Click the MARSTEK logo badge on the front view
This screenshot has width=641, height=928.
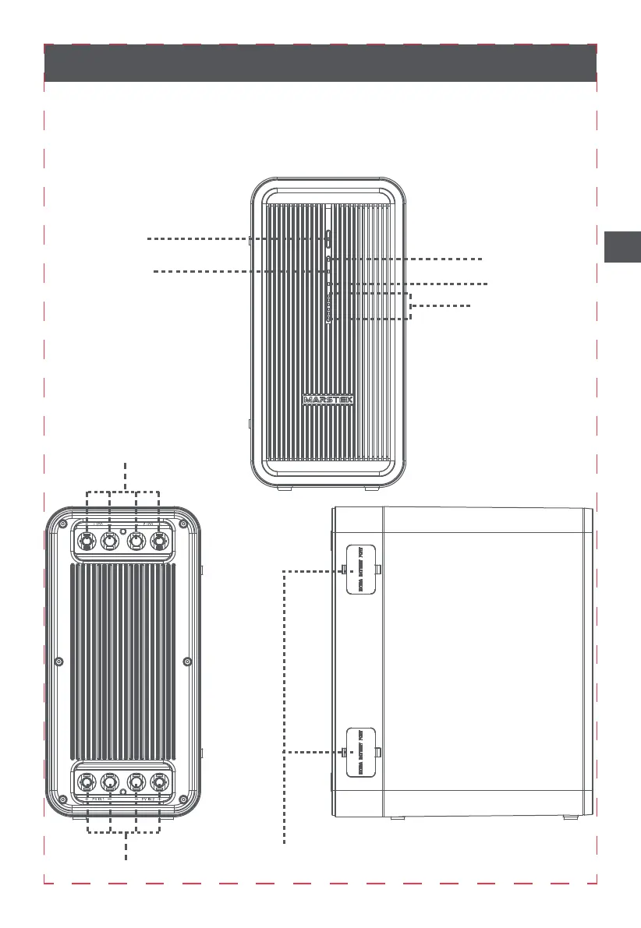coord(328,400)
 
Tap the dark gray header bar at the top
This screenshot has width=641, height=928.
coord(320,63)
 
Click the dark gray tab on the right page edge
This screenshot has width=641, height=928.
coord(622,247)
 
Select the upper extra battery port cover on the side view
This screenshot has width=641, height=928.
coord(360,569)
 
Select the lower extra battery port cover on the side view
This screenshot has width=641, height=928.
coord(360,752)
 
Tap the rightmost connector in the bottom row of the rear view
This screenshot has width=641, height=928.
coord(161,782)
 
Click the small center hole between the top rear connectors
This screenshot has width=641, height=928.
coord(123,534)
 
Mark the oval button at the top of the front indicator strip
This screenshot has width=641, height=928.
coord(329,237)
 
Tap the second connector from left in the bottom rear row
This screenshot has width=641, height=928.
coord(110,782)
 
